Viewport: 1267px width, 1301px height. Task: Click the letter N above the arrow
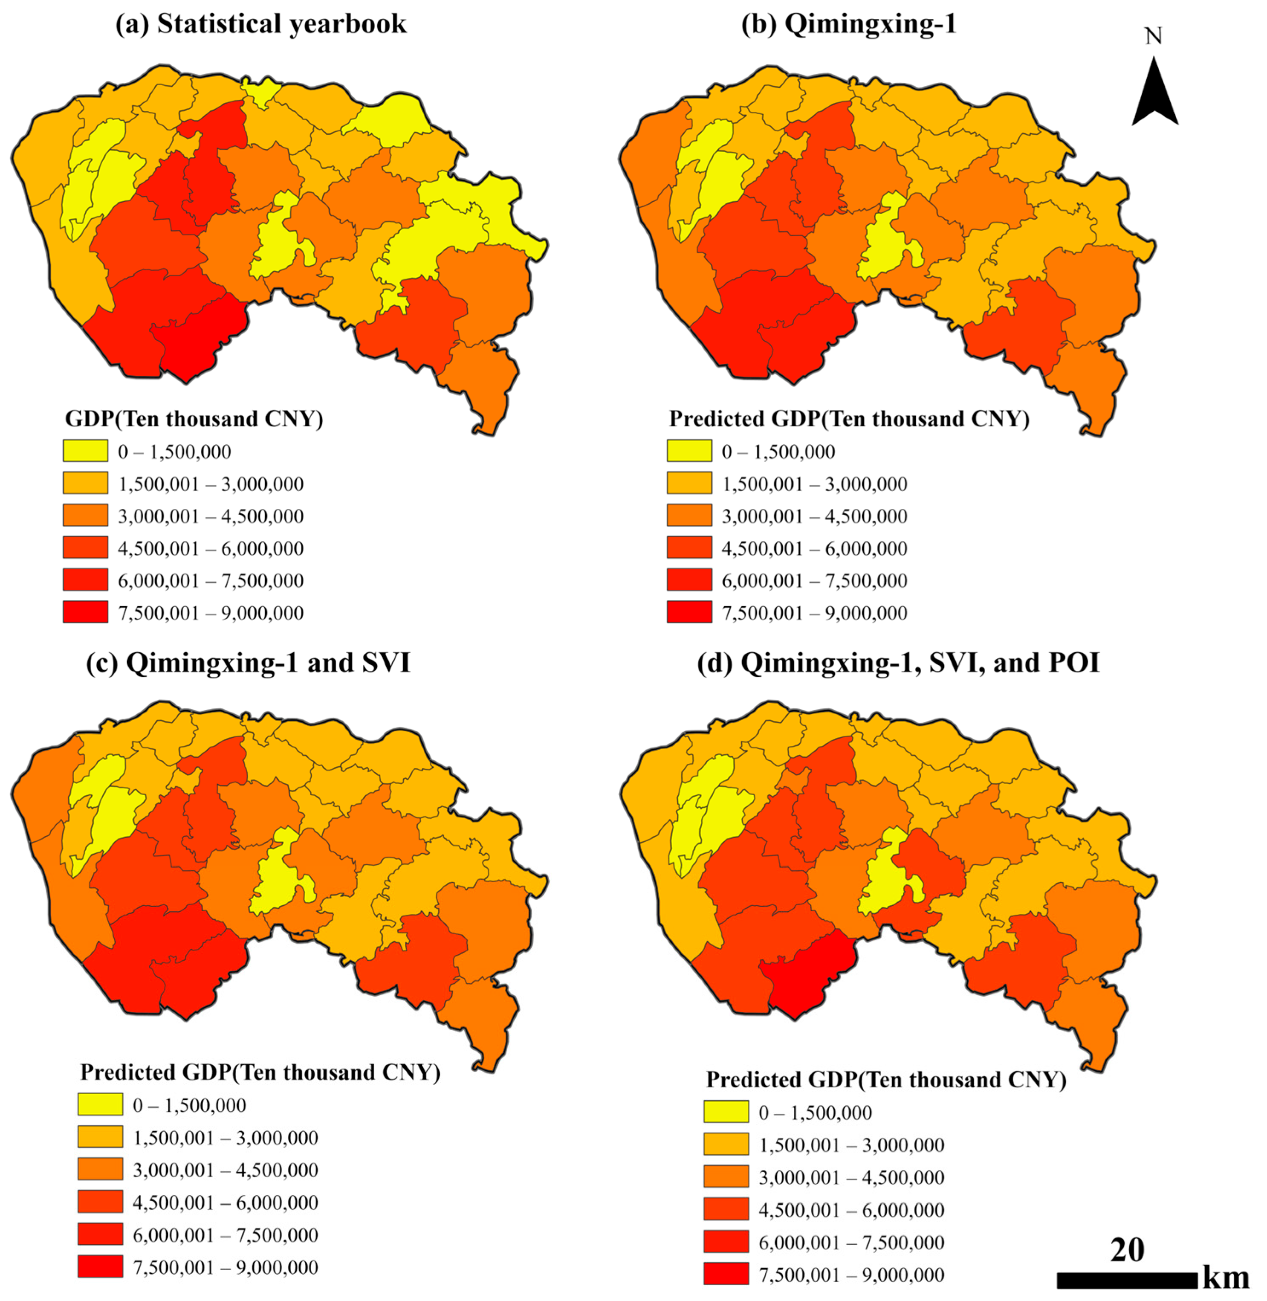pyautogui.click(x=1153, y=36)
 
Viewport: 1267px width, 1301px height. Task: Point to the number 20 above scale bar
pyautogui.click(x=1127, y=1250)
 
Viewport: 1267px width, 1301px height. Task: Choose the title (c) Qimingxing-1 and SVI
pyautogui.click(x=248, y=663)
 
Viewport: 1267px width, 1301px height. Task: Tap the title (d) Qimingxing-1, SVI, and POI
pyautogui.click(x=898, y=663)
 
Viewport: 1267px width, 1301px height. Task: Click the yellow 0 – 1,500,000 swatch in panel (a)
pyautogui.click(x=85, y=451)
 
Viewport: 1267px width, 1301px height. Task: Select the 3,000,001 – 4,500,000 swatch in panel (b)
pyautogui.click(x=689, y=516)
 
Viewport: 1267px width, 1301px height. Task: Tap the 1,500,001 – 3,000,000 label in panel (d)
pyautogui.click(x=851, y=1145)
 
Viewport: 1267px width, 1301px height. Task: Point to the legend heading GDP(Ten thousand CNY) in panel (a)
pyautogui.click(x=194, y=419)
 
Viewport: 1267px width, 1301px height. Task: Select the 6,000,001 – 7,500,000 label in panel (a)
pyautogui.click(x=211, y=580)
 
